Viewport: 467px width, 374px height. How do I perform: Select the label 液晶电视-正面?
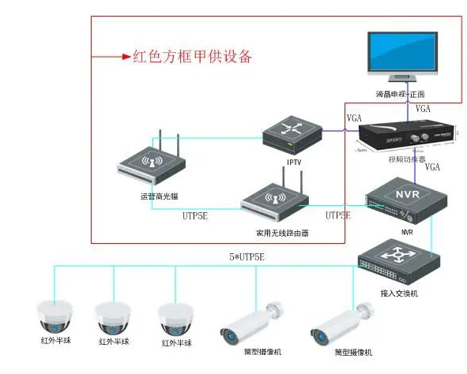[401, 94]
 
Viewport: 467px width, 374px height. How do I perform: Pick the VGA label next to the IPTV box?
[355, 118]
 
